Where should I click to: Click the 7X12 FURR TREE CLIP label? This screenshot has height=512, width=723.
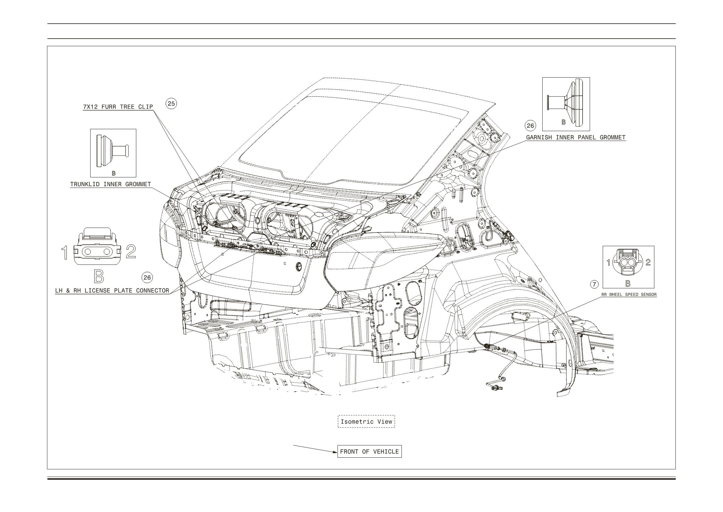click(118, 107)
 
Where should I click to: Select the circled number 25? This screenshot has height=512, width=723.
click(171, 103)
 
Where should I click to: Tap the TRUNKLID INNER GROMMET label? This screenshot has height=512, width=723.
click(111, 184)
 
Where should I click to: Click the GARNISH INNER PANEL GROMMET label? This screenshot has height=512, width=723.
click(576, 137)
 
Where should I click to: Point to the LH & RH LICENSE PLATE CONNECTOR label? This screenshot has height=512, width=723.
click(112, 291)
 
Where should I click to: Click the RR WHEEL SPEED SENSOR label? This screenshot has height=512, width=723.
click(629, 294)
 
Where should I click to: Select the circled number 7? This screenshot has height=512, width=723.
click(594, 284)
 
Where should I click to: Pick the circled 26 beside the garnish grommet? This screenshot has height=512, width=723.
click(530, 126)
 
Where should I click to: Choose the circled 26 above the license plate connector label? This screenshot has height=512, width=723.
click(147, 277)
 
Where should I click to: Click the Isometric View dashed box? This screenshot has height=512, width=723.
click(366, 422)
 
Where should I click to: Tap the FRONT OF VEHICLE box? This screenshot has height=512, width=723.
click(369, 452)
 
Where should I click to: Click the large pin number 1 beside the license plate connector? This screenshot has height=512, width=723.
click(65, 252)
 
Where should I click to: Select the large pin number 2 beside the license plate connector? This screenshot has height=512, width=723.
click(131, 251)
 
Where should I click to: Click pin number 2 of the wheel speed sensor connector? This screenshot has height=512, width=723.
click(648, 262)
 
